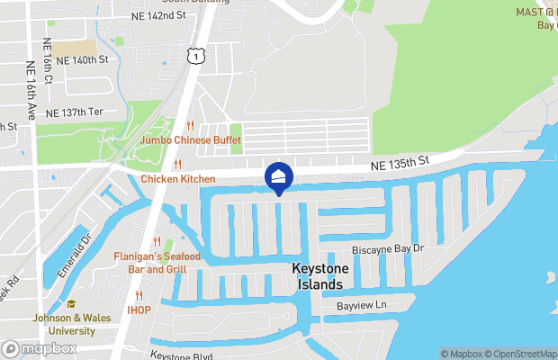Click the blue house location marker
279,176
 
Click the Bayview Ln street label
361,306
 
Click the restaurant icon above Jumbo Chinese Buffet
189,126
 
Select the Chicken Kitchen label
178,178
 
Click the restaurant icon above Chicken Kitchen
178,164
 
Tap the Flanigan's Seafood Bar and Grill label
149,263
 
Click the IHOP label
139,310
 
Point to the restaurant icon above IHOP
139,295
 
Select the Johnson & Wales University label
64,324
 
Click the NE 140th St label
82,60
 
